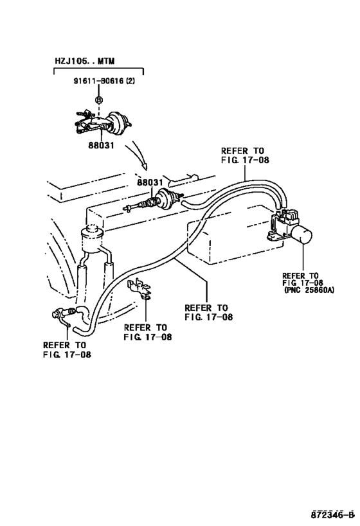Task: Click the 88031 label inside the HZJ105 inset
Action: coord(101,145)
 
